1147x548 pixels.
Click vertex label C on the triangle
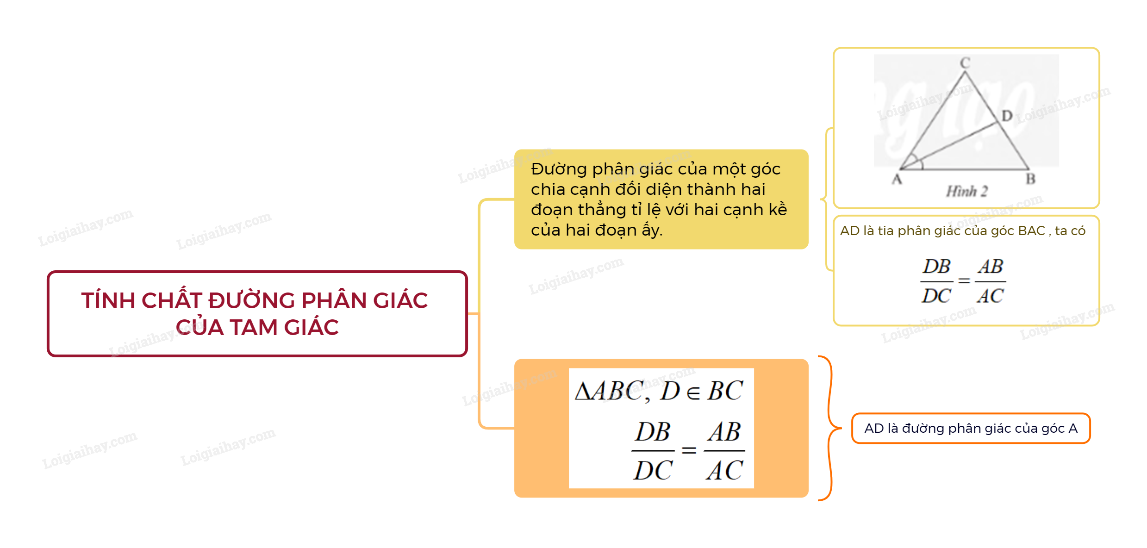965,62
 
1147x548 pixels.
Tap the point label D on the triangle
1007,116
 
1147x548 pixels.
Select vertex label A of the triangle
897,179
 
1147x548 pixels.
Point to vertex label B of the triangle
1030,179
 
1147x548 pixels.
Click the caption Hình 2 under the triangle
967,191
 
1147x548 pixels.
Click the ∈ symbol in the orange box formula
693,393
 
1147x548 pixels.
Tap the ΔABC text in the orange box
609,391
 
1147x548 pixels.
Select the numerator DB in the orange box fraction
653,432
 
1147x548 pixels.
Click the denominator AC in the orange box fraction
724,471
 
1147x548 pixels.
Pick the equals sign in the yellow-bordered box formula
964,281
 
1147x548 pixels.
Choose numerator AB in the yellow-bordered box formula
991,267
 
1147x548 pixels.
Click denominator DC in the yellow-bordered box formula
936,296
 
